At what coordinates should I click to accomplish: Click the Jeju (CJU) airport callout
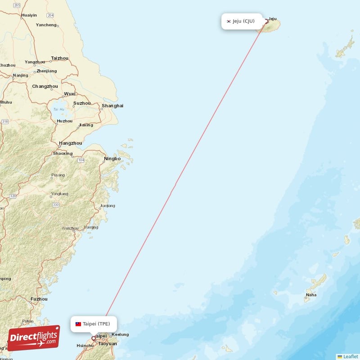click(242, 21)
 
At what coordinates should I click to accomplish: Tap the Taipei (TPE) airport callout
click(94, 324)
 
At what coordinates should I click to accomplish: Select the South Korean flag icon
click(229, 21)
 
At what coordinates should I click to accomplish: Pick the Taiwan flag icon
click(78, 324)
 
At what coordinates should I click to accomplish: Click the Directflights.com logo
click(34, 338)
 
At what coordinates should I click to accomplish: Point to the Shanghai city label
click(112, 106)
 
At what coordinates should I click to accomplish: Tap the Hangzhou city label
click(70, 143)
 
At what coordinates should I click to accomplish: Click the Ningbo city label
click(112, 159)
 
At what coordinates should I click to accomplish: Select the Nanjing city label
click(20, 75)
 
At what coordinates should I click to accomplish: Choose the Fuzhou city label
click(39, 299)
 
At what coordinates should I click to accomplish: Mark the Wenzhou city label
click(70, 228)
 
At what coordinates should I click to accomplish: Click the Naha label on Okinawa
click(311, 295)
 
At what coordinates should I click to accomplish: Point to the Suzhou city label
click(82, 103)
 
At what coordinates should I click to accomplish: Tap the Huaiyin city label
click(29, 15)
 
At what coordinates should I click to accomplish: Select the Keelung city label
click(120, 334)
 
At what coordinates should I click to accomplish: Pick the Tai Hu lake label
click(58, 109)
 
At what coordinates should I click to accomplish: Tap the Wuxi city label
click(70, 94)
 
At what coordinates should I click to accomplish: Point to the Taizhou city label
click(60, 58)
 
